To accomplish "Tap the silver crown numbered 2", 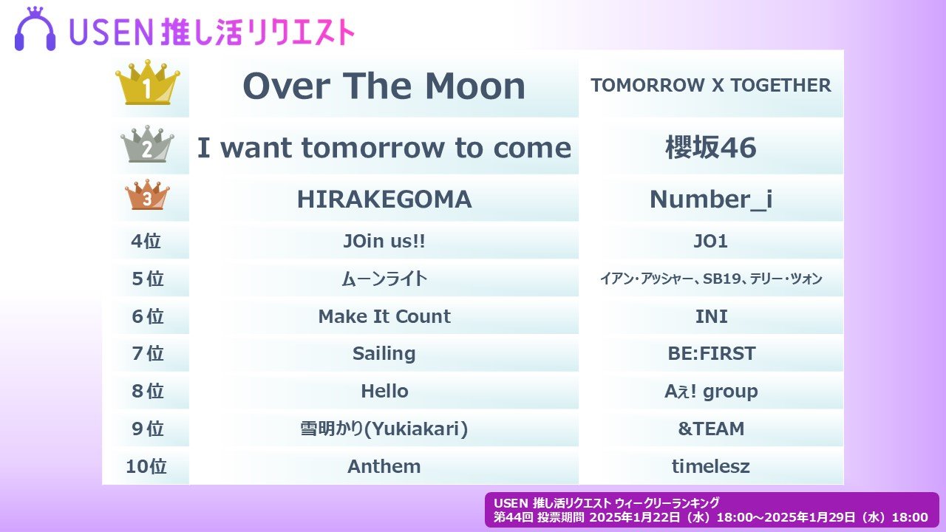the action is coord(147,144).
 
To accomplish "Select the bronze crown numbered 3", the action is coord(147,194).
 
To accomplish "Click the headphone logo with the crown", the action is coord(35,29).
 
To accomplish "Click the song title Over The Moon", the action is coord(384,86).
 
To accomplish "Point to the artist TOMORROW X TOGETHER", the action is coord(711,85).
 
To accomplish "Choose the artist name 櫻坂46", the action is coord(711,147).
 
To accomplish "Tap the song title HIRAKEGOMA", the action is coord(384,199).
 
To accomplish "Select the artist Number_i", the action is coord(711,199).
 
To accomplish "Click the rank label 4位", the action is coord(146,241).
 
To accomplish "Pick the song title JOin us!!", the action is coord(384,241).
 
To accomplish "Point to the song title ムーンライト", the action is coord(384,279).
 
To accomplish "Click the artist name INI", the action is coord(711,316).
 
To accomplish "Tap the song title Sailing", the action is coord(384,354).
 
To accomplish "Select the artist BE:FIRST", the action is coord(712,354).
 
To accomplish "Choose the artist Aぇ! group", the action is coord(711,392).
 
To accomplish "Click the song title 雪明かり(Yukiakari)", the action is coord(384,429).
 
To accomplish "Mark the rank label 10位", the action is coord(146,466).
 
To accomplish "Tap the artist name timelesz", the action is coord(711,466).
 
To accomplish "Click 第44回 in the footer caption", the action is coord(513,517).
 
